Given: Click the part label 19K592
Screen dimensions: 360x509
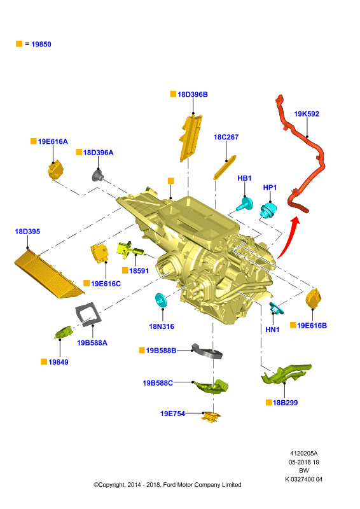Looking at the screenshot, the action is click(307, 114).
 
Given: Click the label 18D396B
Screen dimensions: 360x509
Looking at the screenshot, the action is click(193, 94).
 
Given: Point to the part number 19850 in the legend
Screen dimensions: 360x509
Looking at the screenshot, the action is click(41, 44).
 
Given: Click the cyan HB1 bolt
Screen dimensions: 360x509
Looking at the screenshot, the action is click(245, 204).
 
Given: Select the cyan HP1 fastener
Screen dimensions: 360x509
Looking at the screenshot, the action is click(268, 210).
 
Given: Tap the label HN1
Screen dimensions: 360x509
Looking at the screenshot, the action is click(272, 330).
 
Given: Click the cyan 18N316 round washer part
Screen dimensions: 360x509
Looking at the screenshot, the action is click(161, 300).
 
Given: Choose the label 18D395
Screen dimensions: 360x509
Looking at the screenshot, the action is click(27, 232).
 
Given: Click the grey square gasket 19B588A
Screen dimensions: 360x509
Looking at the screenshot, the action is click(88, 314).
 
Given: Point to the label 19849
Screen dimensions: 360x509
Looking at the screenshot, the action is click(59, 362).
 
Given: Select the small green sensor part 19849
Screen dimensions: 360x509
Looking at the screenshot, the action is click(63, 332).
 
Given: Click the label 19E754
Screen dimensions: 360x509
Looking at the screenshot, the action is click(173, 414).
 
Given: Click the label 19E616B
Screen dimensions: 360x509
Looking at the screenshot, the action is click(312, 326).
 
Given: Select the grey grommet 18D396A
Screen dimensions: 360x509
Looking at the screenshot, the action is click(98, 176).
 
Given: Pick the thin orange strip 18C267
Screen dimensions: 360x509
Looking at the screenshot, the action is click(225, 167).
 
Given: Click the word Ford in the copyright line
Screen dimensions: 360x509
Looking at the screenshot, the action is click(170, 485).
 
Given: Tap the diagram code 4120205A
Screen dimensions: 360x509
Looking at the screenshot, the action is click(304, 454).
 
